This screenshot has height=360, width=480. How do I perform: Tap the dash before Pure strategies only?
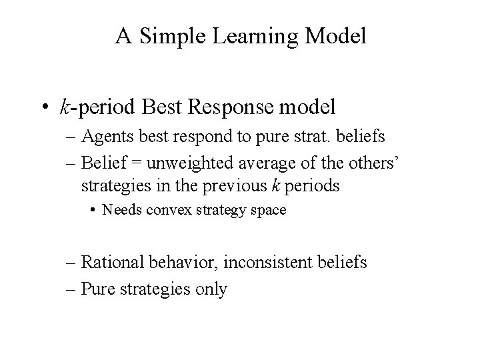click(71, 289)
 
